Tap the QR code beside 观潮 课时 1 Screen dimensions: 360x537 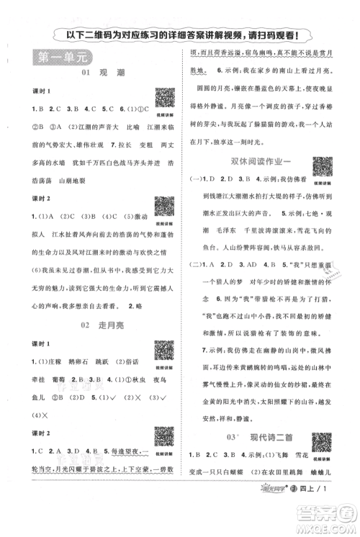[x=165, y=99]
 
